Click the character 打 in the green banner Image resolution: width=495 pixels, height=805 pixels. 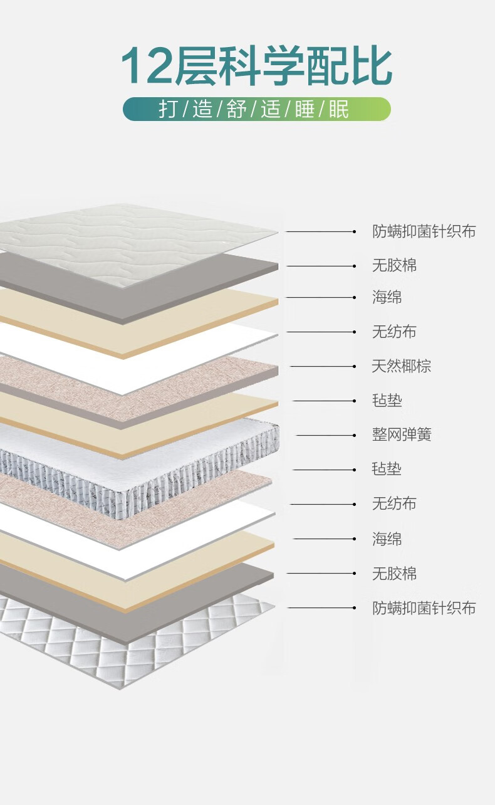pos(167,109)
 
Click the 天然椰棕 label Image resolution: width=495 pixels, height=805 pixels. pos(401,366)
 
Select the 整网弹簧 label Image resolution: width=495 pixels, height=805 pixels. pos(401,434)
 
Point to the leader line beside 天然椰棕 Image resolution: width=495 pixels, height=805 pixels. pos(323,366)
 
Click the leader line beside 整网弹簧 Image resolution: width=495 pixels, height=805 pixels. pos(326,435)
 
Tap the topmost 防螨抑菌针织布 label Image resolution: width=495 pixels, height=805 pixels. pos(424,231)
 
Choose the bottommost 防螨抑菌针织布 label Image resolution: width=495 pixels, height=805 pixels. pos(424,608)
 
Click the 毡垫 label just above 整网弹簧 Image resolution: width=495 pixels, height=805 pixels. pos(387,401)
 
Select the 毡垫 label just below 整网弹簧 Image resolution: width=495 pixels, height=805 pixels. pos(387,469)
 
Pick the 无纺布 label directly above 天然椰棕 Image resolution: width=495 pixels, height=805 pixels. pos(394,332)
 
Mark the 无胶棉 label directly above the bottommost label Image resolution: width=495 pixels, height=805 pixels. pos(394,573)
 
